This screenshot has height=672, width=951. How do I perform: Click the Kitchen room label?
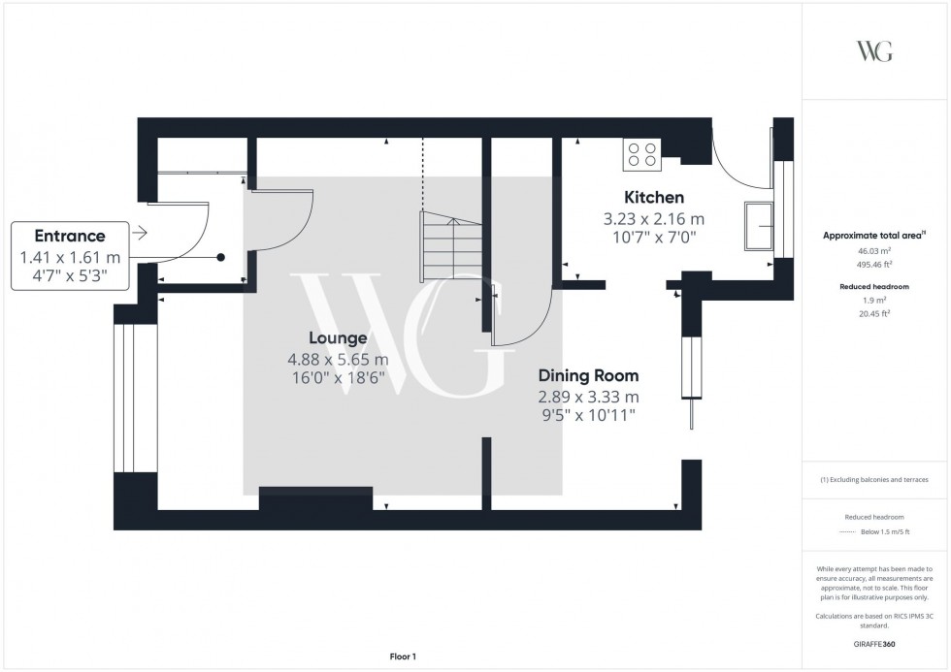[x=653, y=197]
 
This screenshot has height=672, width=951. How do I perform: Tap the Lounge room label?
[x=338, y=338]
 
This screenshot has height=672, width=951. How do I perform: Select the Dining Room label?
[x=588, y=375]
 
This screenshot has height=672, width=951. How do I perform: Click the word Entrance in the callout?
[x=70, y=236]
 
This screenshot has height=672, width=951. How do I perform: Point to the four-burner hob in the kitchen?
[x=641, y=154]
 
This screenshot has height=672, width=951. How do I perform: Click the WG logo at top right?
[x=873, y=51]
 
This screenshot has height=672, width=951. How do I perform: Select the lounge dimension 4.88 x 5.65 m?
[x=338, y=360]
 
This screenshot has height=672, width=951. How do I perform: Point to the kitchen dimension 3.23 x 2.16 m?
[x=653, y=218]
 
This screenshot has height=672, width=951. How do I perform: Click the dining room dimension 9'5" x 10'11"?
[x=588, y=416]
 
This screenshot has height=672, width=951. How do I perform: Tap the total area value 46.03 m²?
[x=873, y=250]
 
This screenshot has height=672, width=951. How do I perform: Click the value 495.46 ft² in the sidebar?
[x=873, y=263]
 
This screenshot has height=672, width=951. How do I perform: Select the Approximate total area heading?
[x=873, y=236]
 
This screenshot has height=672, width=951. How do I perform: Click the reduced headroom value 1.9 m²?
[x=873, y=301]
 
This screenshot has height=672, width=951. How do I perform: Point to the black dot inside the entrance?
[x=221, y=258]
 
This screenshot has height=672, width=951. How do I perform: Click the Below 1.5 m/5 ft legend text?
[x=885, y=532]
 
